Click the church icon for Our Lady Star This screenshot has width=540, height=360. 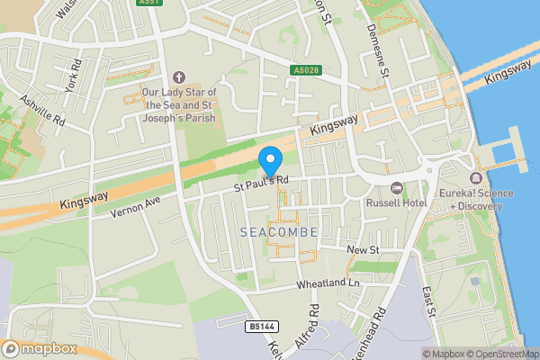(176, 76)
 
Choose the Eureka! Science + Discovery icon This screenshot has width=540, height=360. (475, 176)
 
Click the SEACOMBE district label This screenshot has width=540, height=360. (280, 232)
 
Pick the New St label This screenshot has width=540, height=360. (364, 247)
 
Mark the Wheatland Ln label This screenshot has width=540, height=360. (328, 284)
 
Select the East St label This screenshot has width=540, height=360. (428, 302)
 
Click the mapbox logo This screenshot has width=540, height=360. (40, 347)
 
